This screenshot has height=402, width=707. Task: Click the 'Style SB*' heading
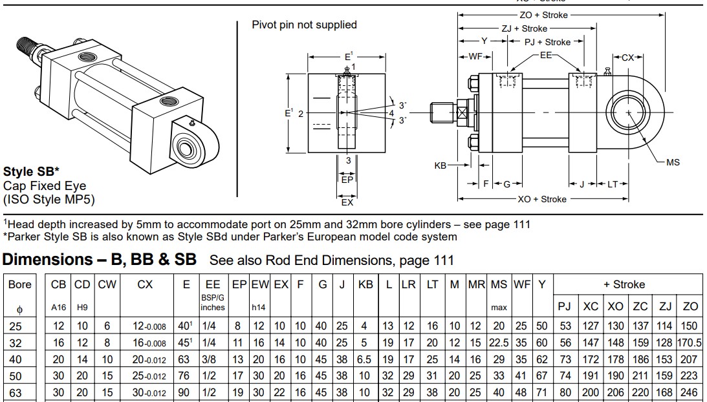32,173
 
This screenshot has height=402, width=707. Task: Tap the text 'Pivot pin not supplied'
304,25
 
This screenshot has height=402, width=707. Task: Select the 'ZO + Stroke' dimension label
544,14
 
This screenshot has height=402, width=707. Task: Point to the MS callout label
673,162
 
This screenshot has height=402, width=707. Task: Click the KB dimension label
441,165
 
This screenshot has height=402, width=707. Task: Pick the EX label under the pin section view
347,203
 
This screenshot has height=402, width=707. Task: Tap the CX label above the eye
627,58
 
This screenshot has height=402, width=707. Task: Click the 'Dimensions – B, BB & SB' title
100,260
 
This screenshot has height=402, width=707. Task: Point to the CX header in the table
146,284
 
